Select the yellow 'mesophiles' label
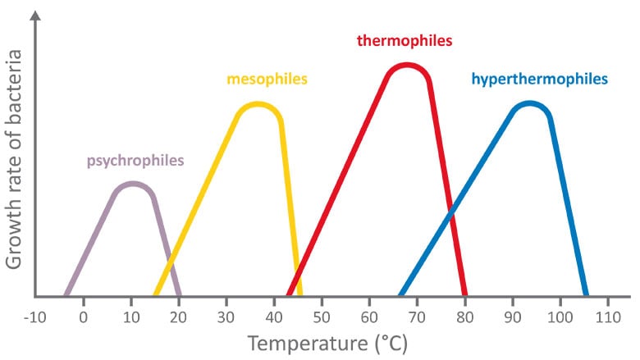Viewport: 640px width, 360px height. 267,80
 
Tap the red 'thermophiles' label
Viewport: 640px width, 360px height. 405,39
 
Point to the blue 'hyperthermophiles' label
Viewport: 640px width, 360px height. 539,80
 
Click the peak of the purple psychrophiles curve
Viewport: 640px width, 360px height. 132,185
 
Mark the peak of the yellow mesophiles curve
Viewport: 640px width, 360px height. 258,105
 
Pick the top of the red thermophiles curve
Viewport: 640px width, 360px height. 406,66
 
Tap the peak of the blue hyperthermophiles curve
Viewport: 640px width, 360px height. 530,104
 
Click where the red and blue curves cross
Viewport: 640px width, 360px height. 450,215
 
